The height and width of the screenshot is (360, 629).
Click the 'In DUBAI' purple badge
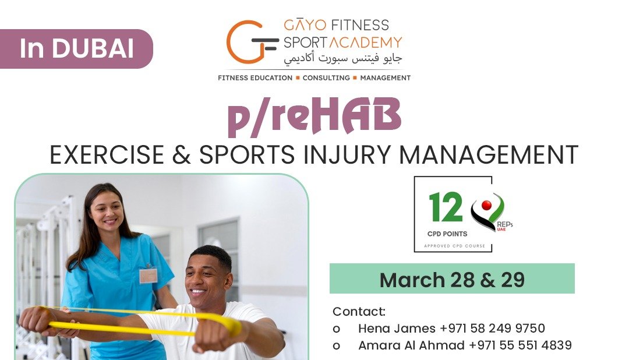tap(76, 48)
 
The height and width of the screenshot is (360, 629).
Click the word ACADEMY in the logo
tap(365, 42)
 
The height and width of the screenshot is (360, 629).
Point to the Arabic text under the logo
tap(342, 59)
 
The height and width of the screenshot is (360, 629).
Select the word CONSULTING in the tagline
tap(326, 78)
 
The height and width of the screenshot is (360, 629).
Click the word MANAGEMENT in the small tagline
tap(385, 78)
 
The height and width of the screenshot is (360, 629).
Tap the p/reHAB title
tap(314, 116)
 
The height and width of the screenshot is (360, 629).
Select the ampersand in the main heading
tap(181, 155)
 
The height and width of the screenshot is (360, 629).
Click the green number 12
tap(446, 207)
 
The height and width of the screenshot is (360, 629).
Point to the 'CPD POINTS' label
tap(447, 234)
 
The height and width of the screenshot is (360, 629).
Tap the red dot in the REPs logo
tap(486, 206)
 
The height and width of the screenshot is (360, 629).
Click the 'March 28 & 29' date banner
tap(452, 278)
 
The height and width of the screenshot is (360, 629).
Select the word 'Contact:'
tap(359, 312)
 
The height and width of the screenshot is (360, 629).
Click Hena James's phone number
tap(492, 329)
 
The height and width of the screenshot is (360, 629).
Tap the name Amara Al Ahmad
tap(411, 345)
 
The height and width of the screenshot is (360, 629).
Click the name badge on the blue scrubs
tap(149, 276)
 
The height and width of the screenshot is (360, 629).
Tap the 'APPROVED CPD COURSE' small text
tap(454, 246)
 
